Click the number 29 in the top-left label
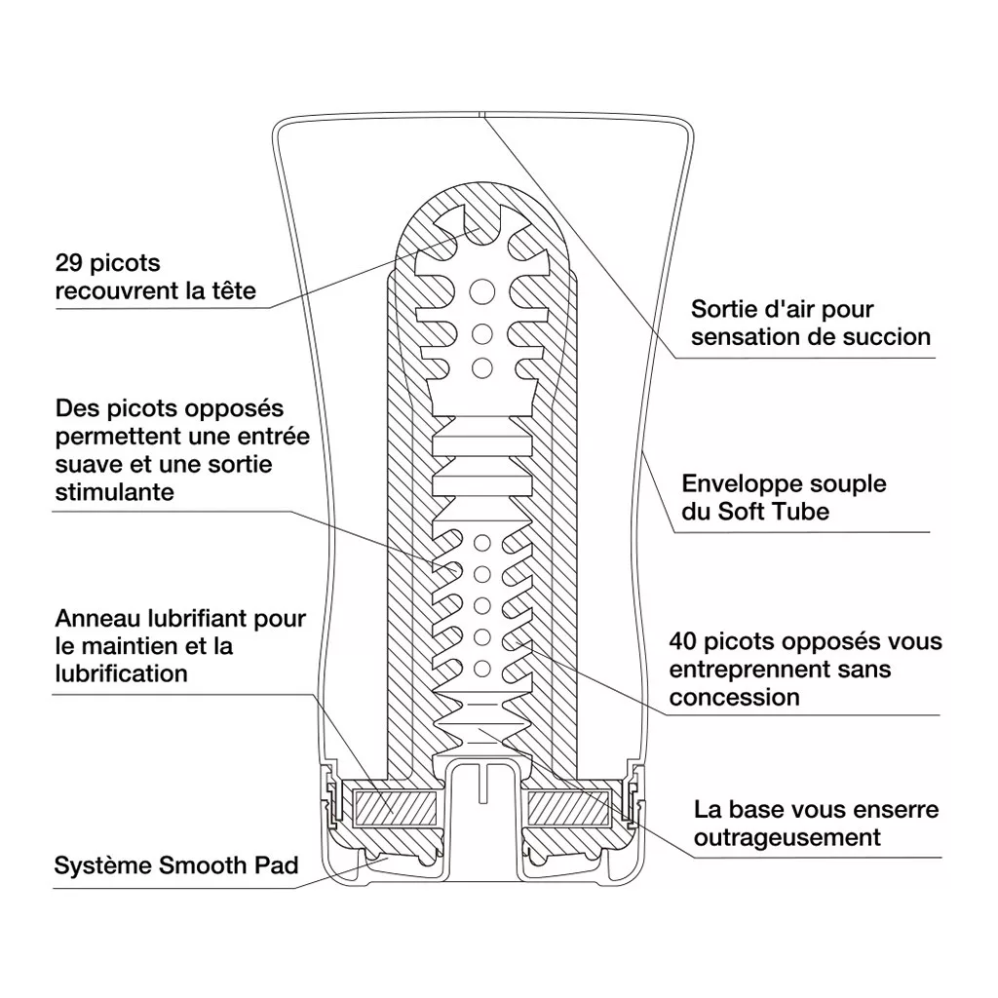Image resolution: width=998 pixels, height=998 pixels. click(x=70, y=263)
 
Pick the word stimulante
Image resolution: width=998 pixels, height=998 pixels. click(x=115, y=491)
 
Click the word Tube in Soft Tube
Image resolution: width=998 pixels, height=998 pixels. click(x=800, y=512)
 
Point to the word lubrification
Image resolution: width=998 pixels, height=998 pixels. click(x=121, y=673)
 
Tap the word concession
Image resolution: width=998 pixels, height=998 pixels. click(x=734, y=697)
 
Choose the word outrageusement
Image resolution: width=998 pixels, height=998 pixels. click(x=787, y=837)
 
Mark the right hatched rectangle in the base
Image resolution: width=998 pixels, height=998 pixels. click(x=568, y=806)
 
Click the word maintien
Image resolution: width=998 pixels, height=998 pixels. click(x=130, y=645)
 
